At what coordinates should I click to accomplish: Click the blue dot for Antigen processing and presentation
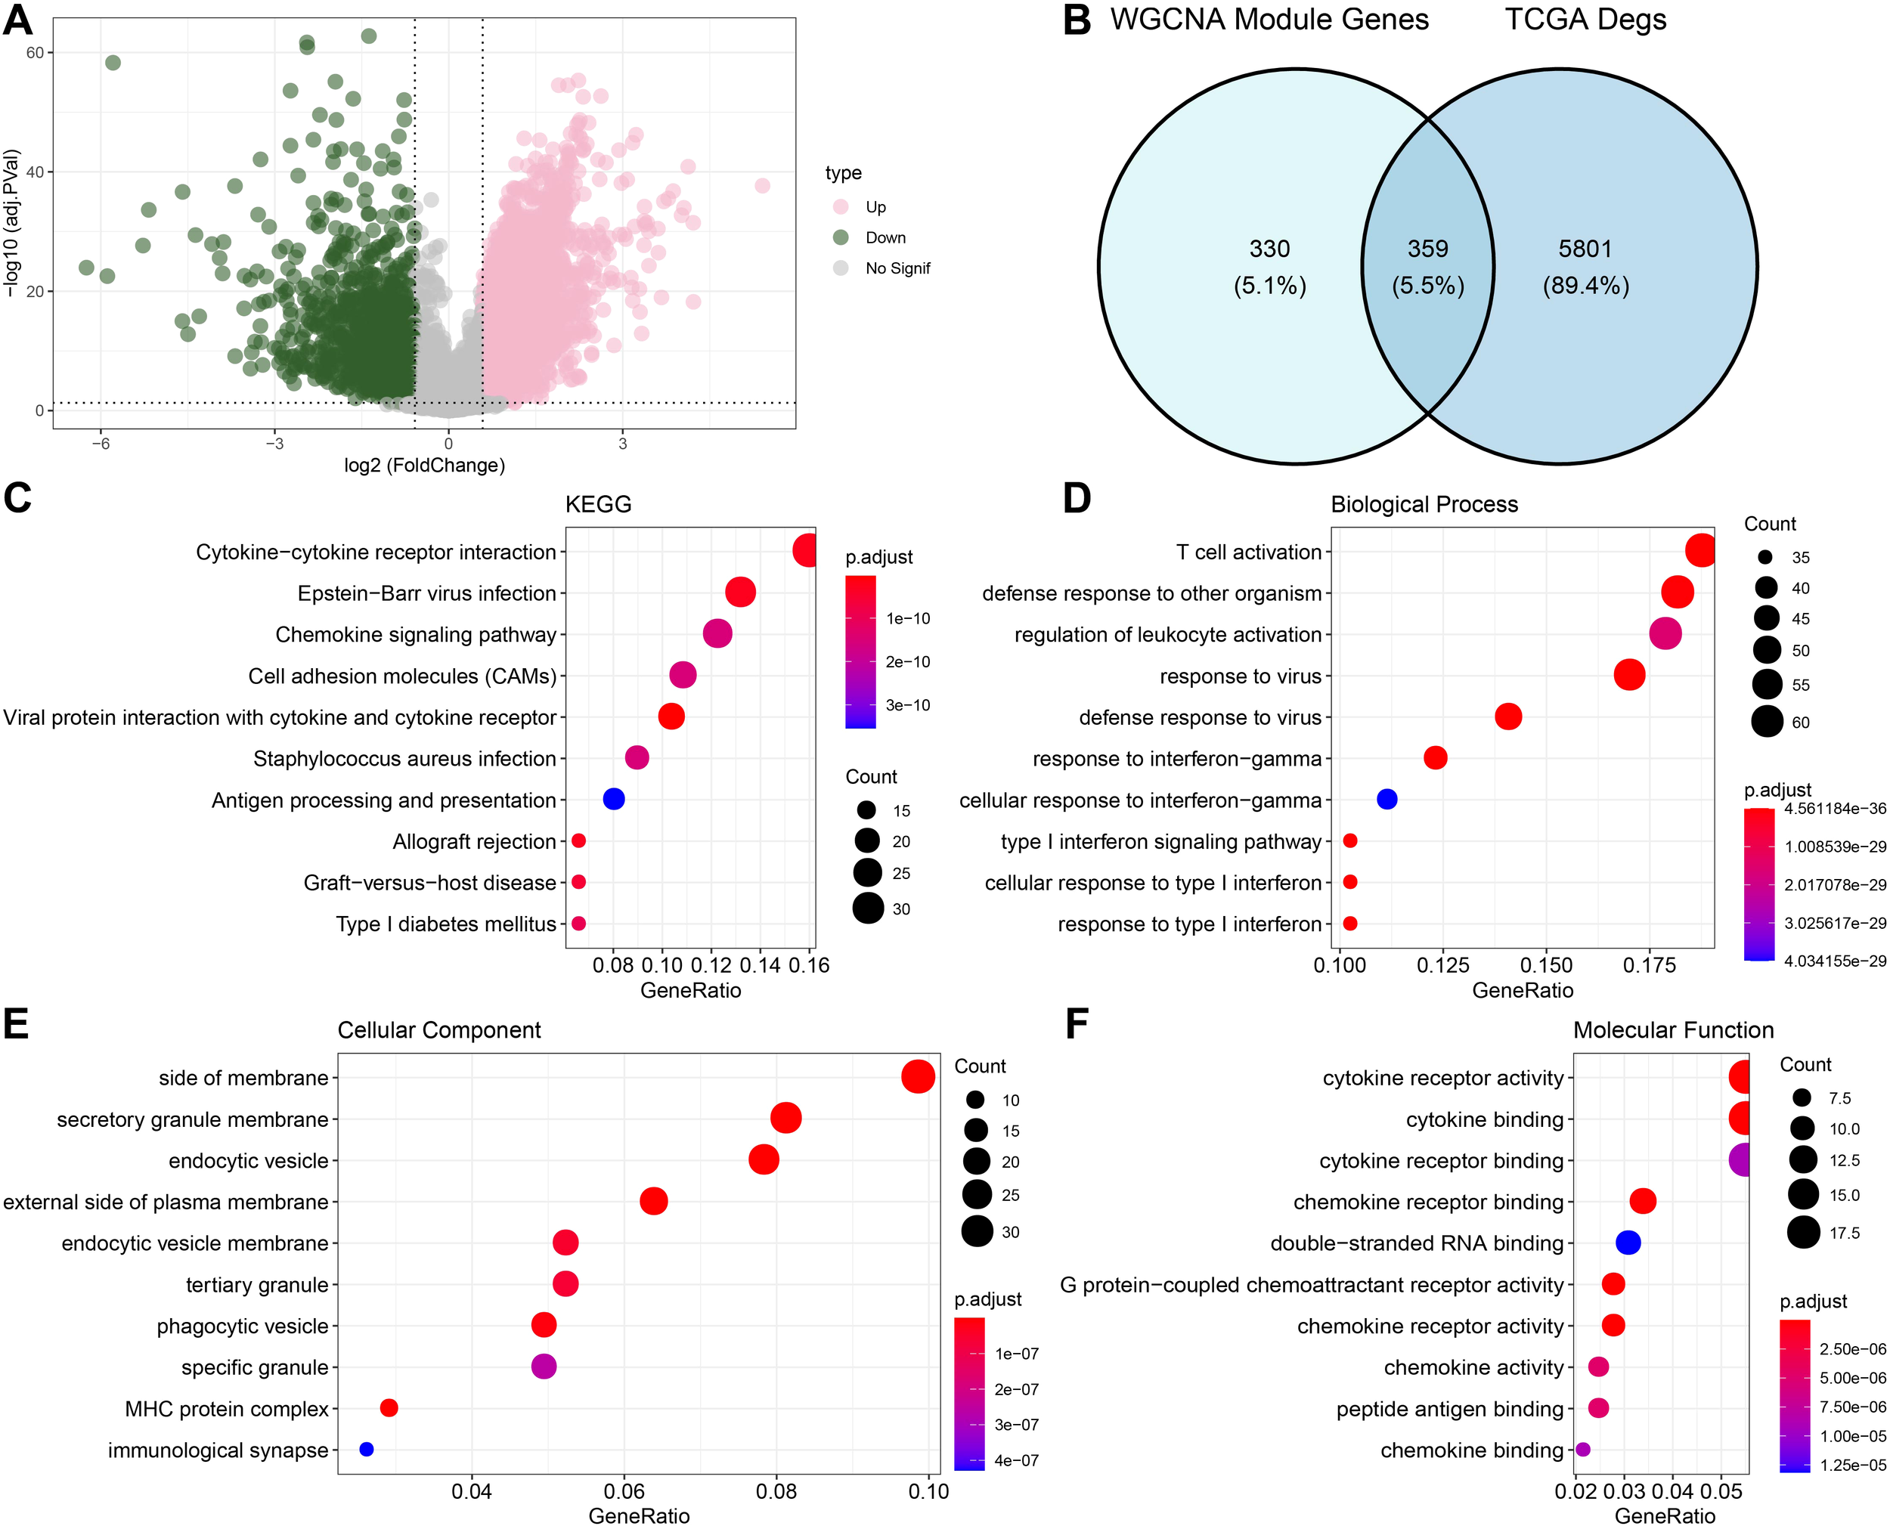614,799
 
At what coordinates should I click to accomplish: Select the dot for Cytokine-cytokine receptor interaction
805,551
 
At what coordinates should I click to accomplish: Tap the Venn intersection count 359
1427,249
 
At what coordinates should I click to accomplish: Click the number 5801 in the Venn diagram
1585,249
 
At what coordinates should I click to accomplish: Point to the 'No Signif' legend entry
897,268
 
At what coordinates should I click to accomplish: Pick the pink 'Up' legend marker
841,206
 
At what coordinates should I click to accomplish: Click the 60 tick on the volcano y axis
36,53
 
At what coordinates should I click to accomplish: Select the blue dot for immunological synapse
367,1450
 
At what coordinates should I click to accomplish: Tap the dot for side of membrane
918,1077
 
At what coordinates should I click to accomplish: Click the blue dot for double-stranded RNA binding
1628,1242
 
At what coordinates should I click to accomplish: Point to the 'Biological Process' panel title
1424,505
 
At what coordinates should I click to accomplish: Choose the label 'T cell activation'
1248,552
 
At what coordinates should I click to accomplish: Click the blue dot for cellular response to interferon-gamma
1387,799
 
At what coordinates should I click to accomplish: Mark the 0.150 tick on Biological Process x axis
1546,965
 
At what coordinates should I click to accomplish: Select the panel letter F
1076,1025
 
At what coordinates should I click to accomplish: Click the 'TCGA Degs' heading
1585,20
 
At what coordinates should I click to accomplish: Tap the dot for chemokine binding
1582,1450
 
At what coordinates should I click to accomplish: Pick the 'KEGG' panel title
598,505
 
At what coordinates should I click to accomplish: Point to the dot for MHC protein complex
389,1408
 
